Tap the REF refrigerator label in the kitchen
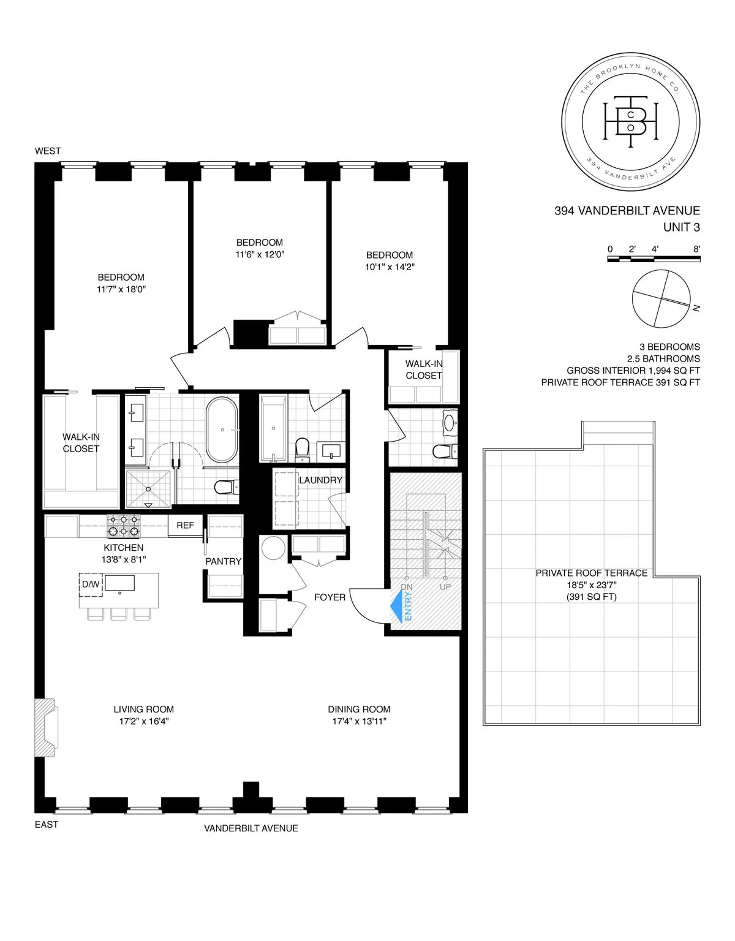pos(185,525)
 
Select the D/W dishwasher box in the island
pos(90,584)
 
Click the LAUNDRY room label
pos(320,480)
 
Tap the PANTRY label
pos(224,561)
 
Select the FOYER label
pos(330,597)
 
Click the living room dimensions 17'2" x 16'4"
pos(144,721)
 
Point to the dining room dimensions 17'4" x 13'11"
pos(359,721)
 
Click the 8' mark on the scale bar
pos(696,249)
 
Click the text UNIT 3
pos(681,227)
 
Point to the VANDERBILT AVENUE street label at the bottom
pos(251,828)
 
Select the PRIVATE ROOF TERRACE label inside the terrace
pos(591,573)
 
